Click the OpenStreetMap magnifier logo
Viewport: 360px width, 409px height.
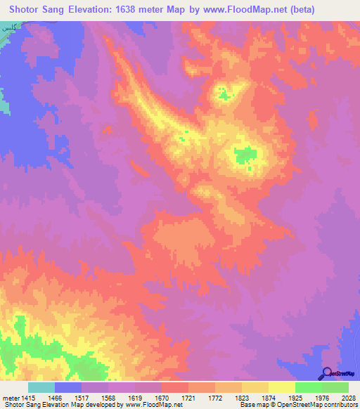pos(327,373)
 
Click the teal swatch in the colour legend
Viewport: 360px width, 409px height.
pos(41,387)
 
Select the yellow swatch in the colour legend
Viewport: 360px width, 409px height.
pos(281,387)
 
